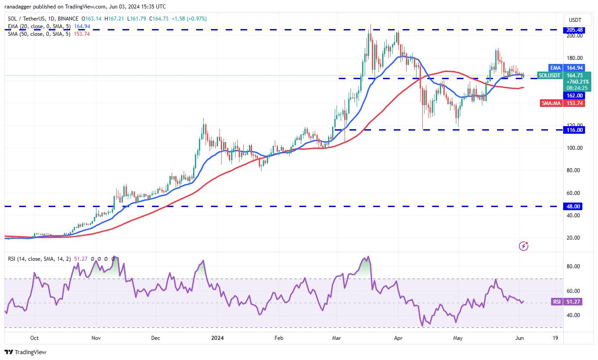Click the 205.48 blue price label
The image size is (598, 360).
click(574, 30)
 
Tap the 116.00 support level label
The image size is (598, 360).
click(574, 130)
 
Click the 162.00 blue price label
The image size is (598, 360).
click(574, 96)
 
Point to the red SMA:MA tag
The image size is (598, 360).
click(551, 103)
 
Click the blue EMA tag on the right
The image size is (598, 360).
click(555, 68)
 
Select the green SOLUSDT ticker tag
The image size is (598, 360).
click(550, 76)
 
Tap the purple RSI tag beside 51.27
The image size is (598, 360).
click(556, 302)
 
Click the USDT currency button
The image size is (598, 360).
click(575, 20)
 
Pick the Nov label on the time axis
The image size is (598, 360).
click(96, 338)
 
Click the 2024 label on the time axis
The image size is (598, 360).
click(217, 338)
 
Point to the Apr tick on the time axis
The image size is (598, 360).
click(398, 338)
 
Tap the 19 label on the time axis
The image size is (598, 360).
click(555, 338)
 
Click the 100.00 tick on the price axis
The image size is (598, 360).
click(574, 148)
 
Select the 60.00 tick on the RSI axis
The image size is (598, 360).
click(573, 291)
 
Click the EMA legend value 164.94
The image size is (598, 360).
click(82, 26)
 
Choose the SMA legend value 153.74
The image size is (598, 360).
click(82, 34)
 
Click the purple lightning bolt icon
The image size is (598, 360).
click(523, 246)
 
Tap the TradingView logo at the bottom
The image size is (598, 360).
click(25, 352)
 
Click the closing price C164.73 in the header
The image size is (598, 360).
click(159, 19)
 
